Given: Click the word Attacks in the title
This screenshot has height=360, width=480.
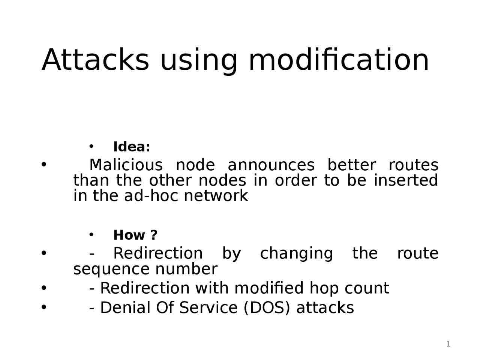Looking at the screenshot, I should click(95, 60).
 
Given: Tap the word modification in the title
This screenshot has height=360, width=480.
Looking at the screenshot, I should click(339, 60).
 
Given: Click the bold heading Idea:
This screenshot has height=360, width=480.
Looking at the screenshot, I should click(132, 147).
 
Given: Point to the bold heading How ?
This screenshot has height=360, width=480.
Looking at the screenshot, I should click(135, 235).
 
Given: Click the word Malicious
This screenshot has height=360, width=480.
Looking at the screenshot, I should click(126, 165).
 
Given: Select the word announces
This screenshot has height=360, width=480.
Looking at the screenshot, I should click(271, 165).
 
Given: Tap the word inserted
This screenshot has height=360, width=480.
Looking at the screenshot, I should click(406, 180).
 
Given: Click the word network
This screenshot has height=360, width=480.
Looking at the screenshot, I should click(216, 196).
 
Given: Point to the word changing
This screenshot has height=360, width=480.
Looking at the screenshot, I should click(296, 253).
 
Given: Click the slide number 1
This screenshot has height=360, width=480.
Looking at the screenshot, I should click(448, 344).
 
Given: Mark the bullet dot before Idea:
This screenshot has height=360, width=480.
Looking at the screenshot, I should click(91, 146).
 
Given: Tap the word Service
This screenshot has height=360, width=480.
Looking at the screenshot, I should click(208, 308).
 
